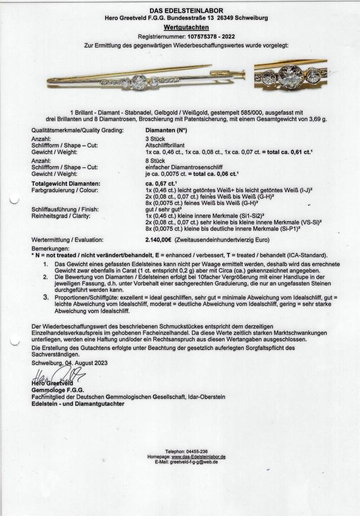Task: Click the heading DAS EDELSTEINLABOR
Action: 186,11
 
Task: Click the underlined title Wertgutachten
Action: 186,27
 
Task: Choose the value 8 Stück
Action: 155,160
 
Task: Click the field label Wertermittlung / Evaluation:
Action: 67,239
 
